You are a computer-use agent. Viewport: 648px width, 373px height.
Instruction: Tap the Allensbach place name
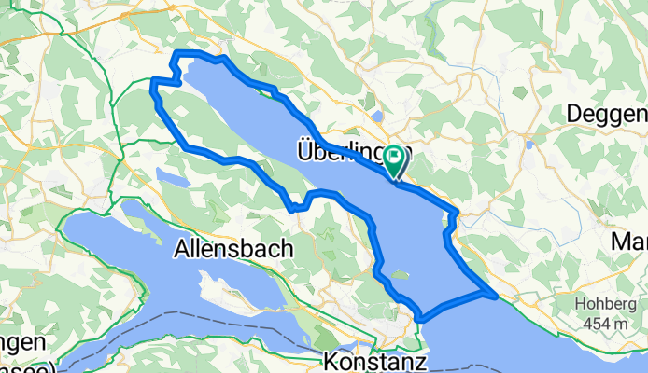[233, 249]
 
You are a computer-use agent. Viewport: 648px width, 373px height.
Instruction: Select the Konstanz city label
[374, 360]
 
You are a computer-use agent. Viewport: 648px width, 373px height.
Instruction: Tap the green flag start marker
[396, 163]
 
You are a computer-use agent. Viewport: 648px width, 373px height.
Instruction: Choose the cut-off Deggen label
[607, 114]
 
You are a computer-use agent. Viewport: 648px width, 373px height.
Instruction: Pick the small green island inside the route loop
[400, 275]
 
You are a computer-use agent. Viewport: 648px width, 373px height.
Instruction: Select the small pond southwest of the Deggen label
[529, 145]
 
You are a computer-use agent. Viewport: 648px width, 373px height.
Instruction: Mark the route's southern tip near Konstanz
[422, 318]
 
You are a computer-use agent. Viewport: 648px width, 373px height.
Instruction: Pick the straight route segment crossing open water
[458, 305]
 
